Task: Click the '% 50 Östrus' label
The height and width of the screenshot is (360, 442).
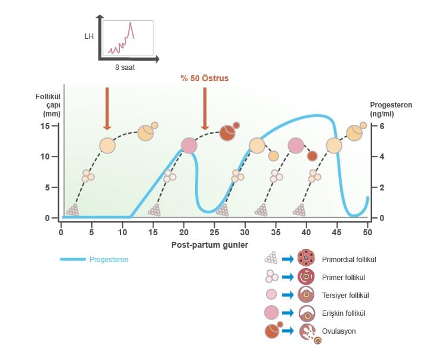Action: [205, 78]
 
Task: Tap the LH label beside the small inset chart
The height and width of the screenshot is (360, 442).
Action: [89, 36]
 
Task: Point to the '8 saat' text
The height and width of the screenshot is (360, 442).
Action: [125, 67]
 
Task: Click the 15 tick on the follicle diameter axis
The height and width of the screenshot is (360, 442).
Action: [46, 126]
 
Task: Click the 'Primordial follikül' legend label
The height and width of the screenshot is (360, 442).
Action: [348, 260]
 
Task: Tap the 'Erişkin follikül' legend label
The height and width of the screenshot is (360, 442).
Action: [343, 313]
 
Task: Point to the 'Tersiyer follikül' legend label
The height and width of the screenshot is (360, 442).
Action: [344, 295]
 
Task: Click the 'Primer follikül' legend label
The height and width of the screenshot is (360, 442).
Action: [342, 277]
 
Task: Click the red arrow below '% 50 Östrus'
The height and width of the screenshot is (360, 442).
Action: [205, 108]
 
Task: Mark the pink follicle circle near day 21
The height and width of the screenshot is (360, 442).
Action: [189, 146]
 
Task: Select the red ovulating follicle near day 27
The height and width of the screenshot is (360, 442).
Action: [227, 133]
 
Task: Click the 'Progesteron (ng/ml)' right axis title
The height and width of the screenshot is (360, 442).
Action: [391, 109]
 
